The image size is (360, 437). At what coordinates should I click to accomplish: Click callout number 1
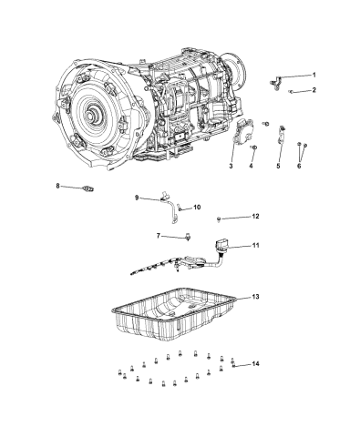[314, 75]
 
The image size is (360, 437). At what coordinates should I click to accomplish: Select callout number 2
[314, 91]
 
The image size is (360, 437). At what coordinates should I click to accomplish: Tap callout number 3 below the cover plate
[231, 167]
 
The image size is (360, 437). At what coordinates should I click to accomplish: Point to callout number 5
[279, 167]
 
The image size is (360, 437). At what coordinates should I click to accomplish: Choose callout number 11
[256, 247]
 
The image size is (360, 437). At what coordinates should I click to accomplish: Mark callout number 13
[256, 298]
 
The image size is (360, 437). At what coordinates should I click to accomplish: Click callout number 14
[255, 364]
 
